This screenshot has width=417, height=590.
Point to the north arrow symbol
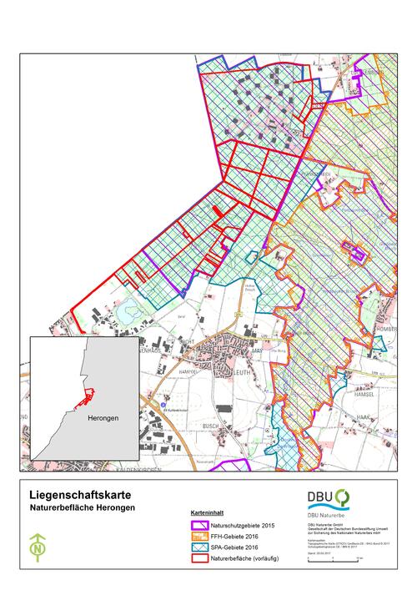(37, 547)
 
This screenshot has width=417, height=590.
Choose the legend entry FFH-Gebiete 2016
(239, 537)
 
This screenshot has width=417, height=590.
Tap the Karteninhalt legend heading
(206, 515)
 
